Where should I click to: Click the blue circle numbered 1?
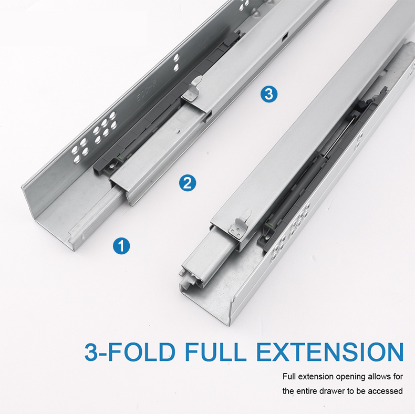(121, 246)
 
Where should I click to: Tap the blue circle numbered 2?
(188, 183)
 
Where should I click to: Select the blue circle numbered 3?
(269, 94)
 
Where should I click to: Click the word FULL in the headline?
(215, 351)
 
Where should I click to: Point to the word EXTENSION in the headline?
(330, 351)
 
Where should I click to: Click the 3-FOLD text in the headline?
(130, 351)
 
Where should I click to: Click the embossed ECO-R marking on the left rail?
(147, 90)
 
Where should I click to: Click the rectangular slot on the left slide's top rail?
(285, 38)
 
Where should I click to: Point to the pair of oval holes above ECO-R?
(176, 63)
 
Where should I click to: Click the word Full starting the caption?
(289, 376)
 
